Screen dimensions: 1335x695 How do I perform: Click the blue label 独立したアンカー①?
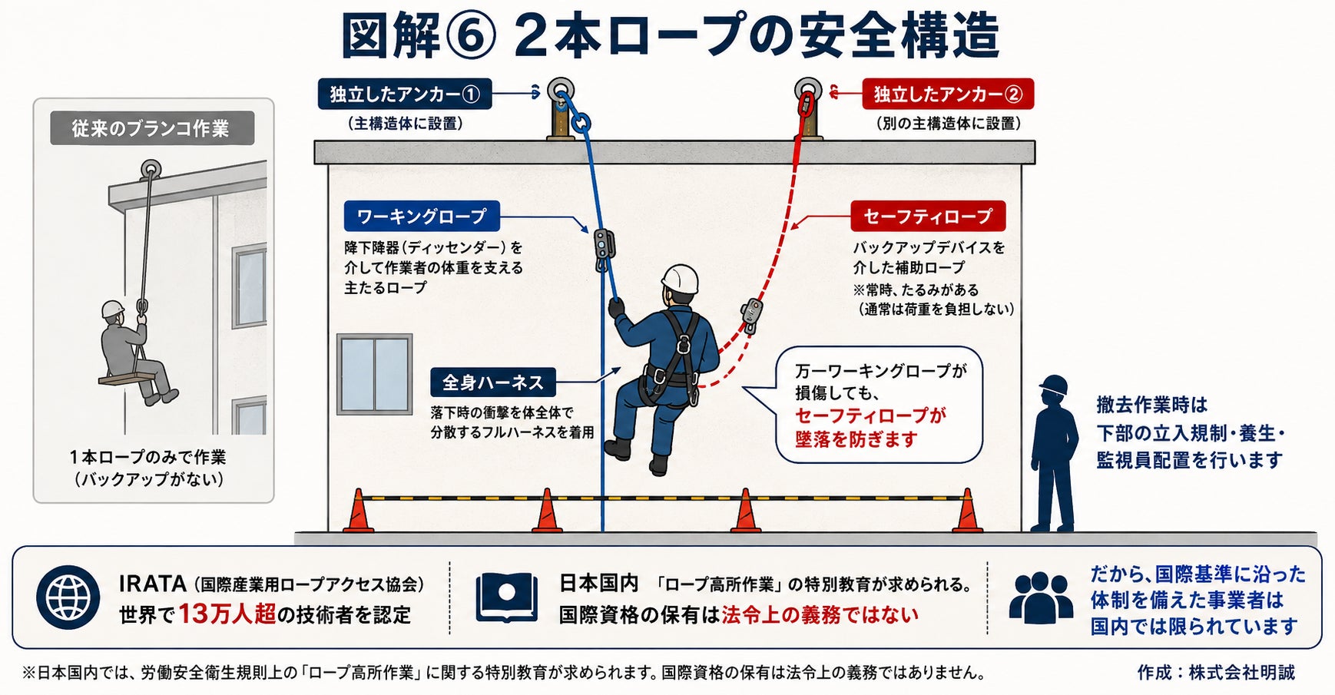(405, 94)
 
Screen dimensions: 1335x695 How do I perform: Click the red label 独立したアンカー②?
(948, 94)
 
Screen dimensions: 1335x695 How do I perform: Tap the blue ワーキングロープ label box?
(422, 217)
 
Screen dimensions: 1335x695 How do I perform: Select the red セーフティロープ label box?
(928, 217)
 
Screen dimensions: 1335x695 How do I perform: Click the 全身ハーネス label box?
(492, 382)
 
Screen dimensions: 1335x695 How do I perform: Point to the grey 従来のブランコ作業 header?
(151, 128)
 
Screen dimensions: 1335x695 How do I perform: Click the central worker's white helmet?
(681, 279)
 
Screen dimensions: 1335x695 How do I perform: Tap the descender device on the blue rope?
(605, 248)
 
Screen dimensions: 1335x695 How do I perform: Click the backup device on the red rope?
(751, 315)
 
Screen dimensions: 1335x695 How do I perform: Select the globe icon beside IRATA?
(68, 598)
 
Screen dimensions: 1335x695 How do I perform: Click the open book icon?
(506, 597)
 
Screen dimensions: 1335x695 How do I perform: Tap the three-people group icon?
(1041, 597)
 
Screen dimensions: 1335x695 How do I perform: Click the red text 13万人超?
(227, 614)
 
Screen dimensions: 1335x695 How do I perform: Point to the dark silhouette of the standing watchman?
(1053, 453)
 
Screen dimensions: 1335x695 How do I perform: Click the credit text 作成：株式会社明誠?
(1216, 673)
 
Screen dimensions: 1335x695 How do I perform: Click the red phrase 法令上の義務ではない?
(820, 614)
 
